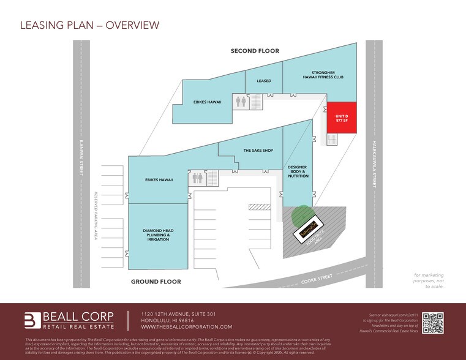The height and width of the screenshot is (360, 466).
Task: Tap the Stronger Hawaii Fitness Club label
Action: (318, 75)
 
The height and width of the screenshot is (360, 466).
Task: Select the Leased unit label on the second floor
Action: (264, 80)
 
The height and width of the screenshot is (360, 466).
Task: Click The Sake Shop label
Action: (258, 150)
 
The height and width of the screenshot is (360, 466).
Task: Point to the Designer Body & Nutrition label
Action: (298, 171)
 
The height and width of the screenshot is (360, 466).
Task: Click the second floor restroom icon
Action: (241, 102)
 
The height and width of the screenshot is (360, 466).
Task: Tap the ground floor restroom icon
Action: (197, 178)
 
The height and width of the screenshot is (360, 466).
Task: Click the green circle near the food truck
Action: (300, 216)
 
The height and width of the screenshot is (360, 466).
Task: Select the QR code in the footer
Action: (433, 323)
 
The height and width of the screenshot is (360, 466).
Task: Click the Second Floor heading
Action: (255, 51)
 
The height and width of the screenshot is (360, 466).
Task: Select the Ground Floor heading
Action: (156, 281)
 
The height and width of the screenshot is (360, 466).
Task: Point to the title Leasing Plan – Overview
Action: (89, 25)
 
